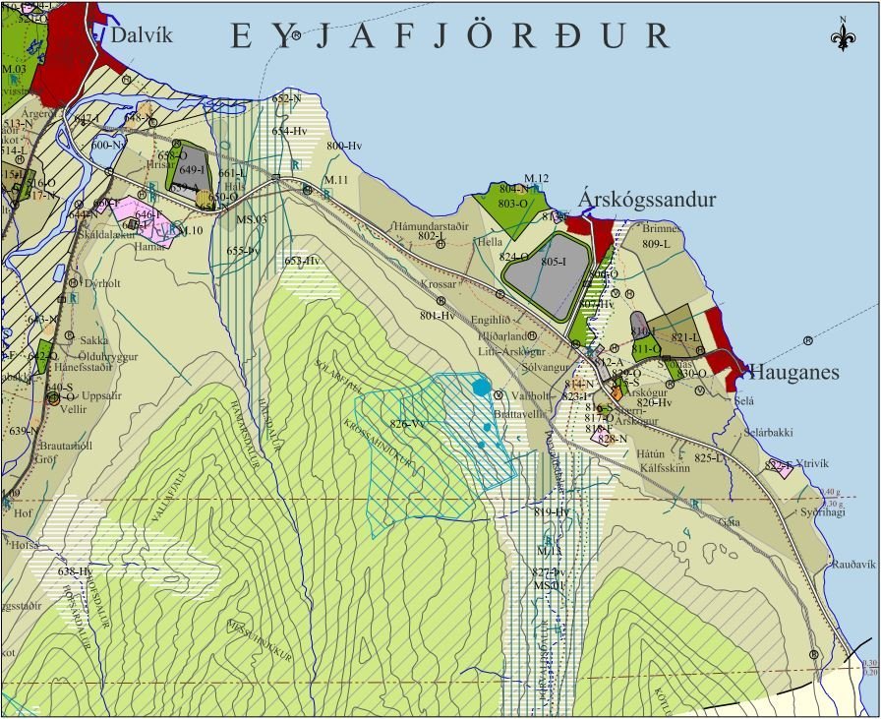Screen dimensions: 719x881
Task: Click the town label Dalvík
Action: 142,35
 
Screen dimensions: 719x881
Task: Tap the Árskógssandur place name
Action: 646,200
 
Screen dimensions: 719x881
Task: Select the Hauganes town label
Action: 793,372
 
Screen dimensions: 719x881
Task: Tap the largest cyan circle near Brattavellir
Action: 481,388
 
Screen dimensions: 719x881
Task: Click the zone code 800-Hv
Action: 344,147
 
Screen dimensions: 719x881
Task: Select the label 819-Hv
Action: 552,512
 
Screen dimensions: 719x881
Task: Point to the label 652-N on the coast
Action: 286,99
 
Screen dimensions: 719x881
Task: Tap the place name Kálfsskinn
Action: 660,468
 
